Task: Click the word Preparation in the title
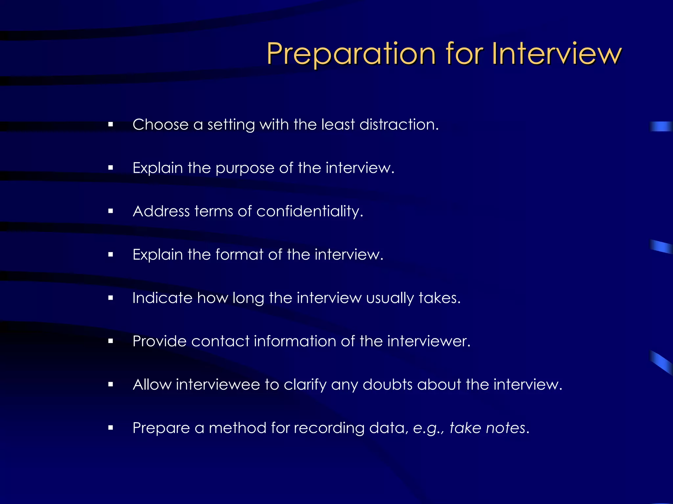click(x=351, y=54)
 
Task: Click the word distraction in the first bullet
click(x=399, y=125)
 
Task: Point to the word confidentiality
click(x=310, y=211)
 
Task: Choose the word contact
click(x=220, y=341)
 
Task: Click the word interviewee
click(x=218, y=384)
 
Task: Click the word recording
click(x=329, y=428)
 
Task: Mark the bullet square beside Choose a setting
click(x=110, y=125)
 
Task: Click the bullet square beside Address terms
click(x=110, y=211)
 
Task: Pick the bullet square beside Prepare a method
click(x=110, y=428)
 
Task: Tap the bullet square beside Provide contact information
click(x=110, y=341)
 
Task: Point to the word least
click(x=338, y=125)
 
